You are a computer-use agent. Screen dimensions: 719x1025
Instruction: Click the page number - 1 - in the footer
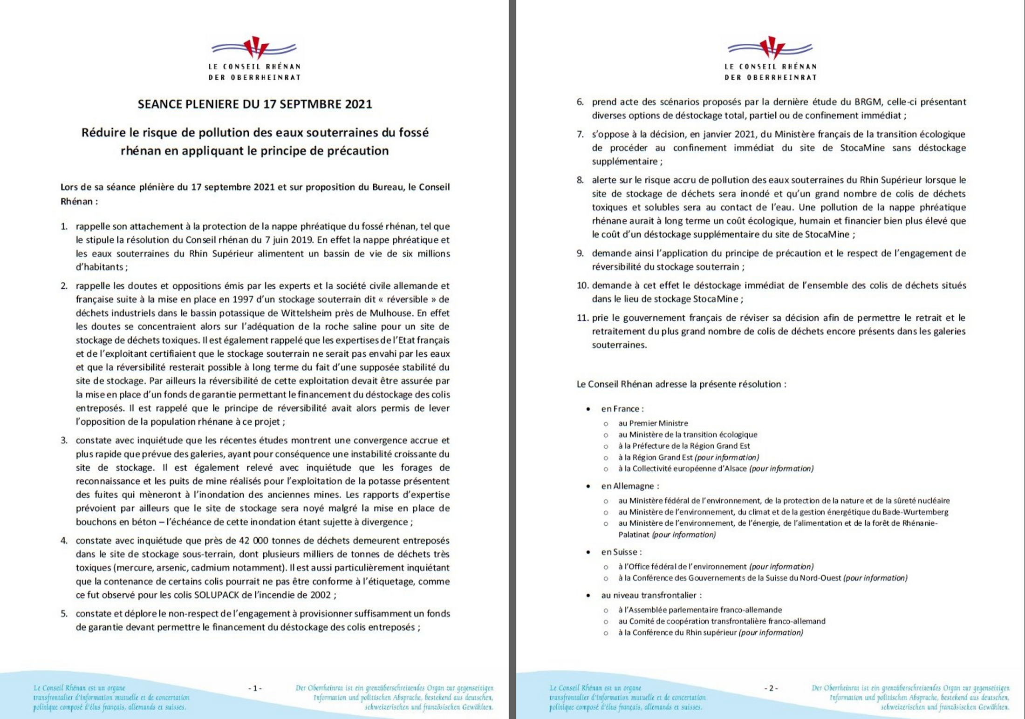click(255, 688)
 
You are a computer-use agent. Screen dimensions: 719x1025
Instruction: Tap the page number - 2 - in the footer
click(771, 688)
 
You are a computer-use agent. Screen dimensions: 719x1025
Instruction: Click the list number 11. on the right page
click(582, 318)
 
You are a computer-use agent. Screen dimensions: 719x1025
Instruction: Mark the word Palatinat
click(634, 535)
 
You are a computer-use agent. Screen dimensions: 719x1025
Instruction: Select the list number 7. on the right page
click(580, 135)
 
